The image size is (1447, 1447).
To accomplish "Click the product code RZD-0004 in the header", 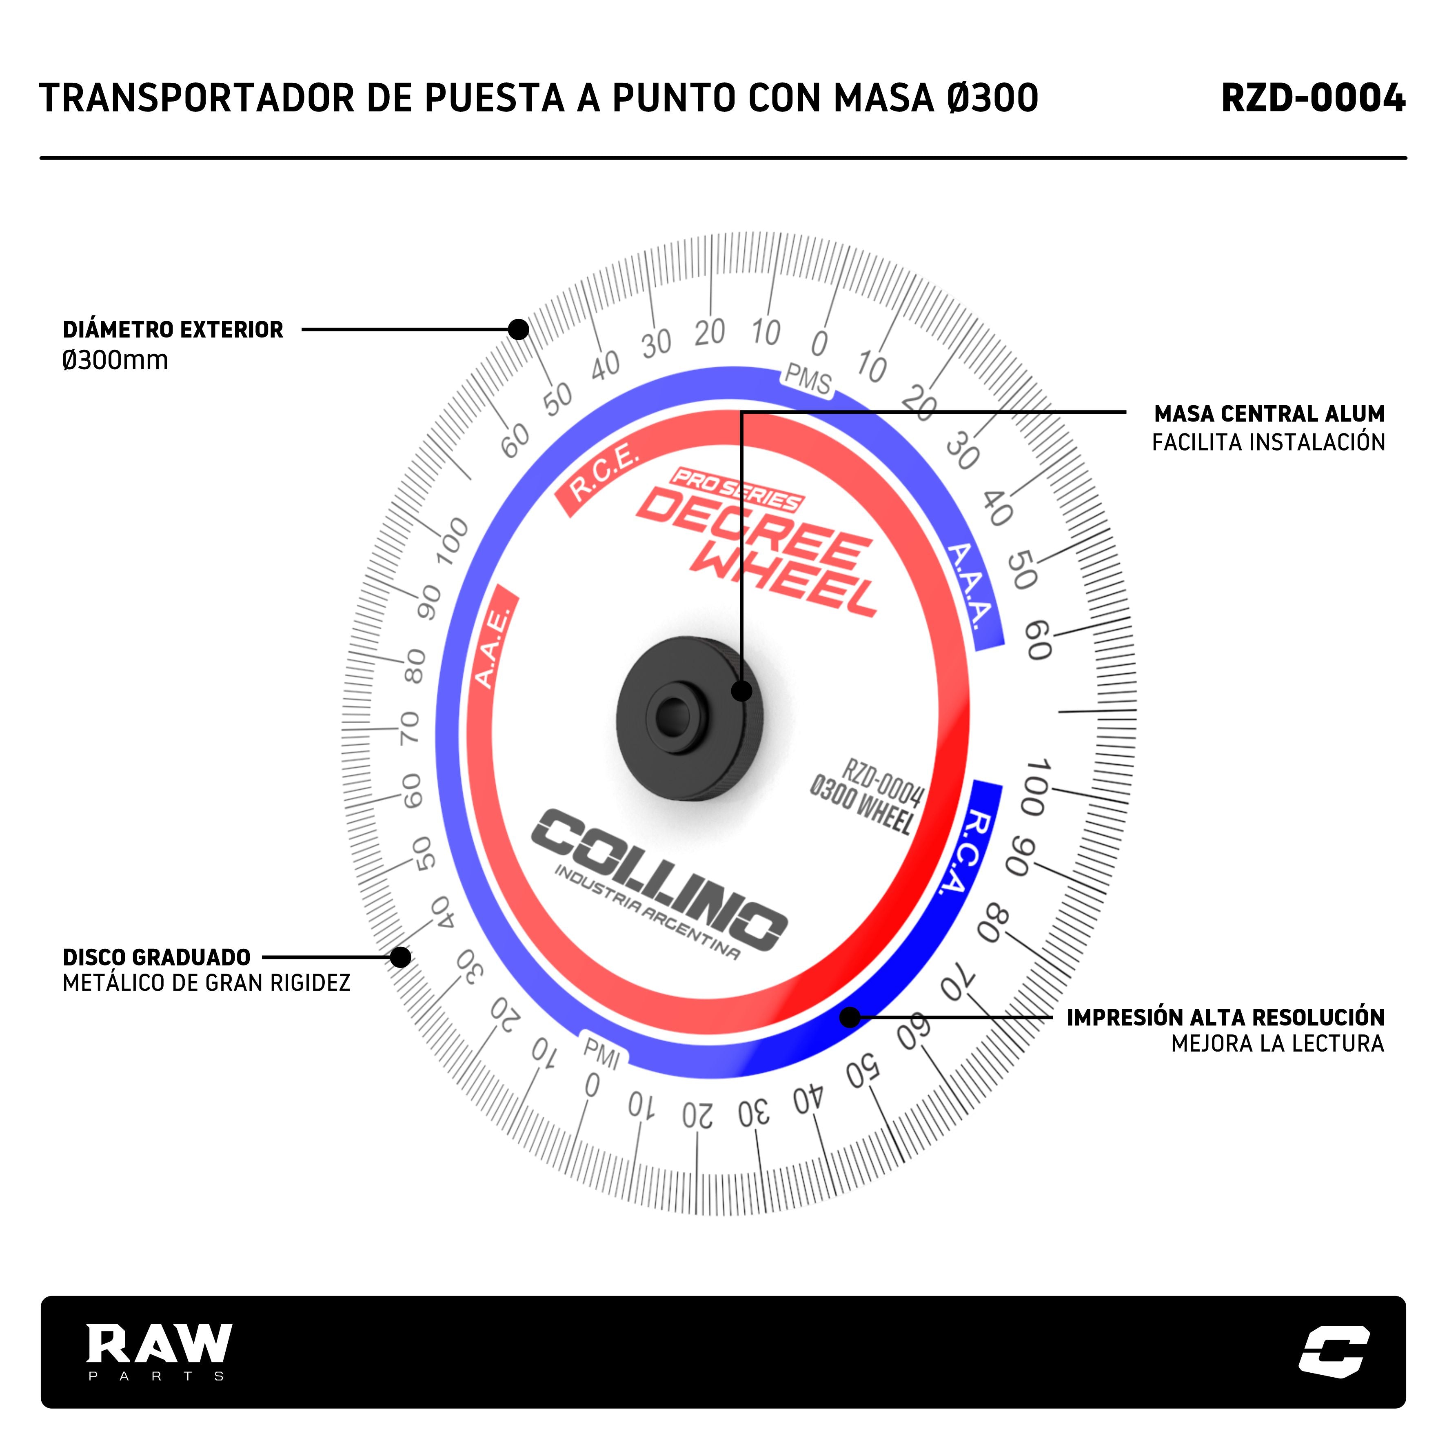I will tap(1312, 98).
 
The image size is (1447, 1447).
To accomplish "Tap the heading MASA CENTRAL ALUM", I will tap(1269, 413).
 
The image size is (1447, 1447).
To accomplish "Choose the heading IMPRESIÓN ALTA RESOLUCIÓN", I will tap(1225, 1017).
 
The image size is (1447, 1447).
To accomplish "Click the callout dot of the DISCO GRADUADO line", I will tap(401, 957).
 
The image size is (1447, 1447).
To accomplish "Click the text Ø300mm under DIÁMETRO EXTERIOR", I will tap(115, 360).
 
